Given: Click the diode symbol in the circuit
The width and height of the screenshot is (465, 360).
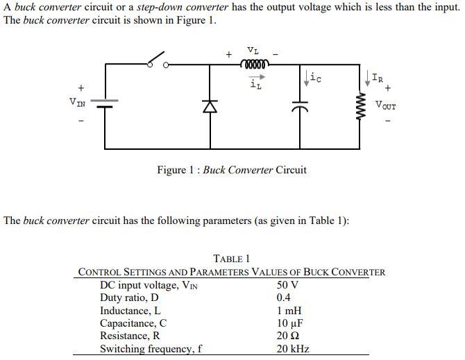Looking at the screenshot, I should (206, 105).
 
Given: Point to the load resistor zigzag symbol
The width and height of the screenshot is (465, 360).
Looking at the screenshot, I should (360, 106).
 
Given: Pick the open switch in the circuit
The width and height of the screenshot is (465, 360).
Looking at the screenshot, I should (158, 60).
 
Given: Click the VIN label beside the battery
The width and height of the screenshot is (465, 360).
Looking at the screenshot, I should (78, 103).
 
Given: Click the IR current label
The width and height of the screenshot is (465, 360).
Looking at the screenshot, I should (375, 77).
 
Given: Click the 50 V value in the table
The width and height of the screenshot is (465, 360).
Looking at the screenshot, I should (287, 285).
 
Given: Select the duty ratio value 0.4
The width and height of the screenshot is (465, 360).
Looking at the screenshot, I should (285, 298).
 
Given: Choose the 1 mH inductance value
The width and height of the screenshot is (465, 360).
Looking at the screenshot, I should (289, 311).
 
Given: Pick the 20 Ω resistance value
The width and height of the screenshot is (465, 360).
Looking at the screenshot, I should (288, 336).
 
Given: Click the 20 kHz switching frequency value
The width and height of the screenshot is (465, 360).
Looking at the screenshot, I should (293, 349).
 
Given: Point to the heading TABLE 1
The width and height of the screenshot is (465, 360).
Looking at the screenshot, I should (231, 259).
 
